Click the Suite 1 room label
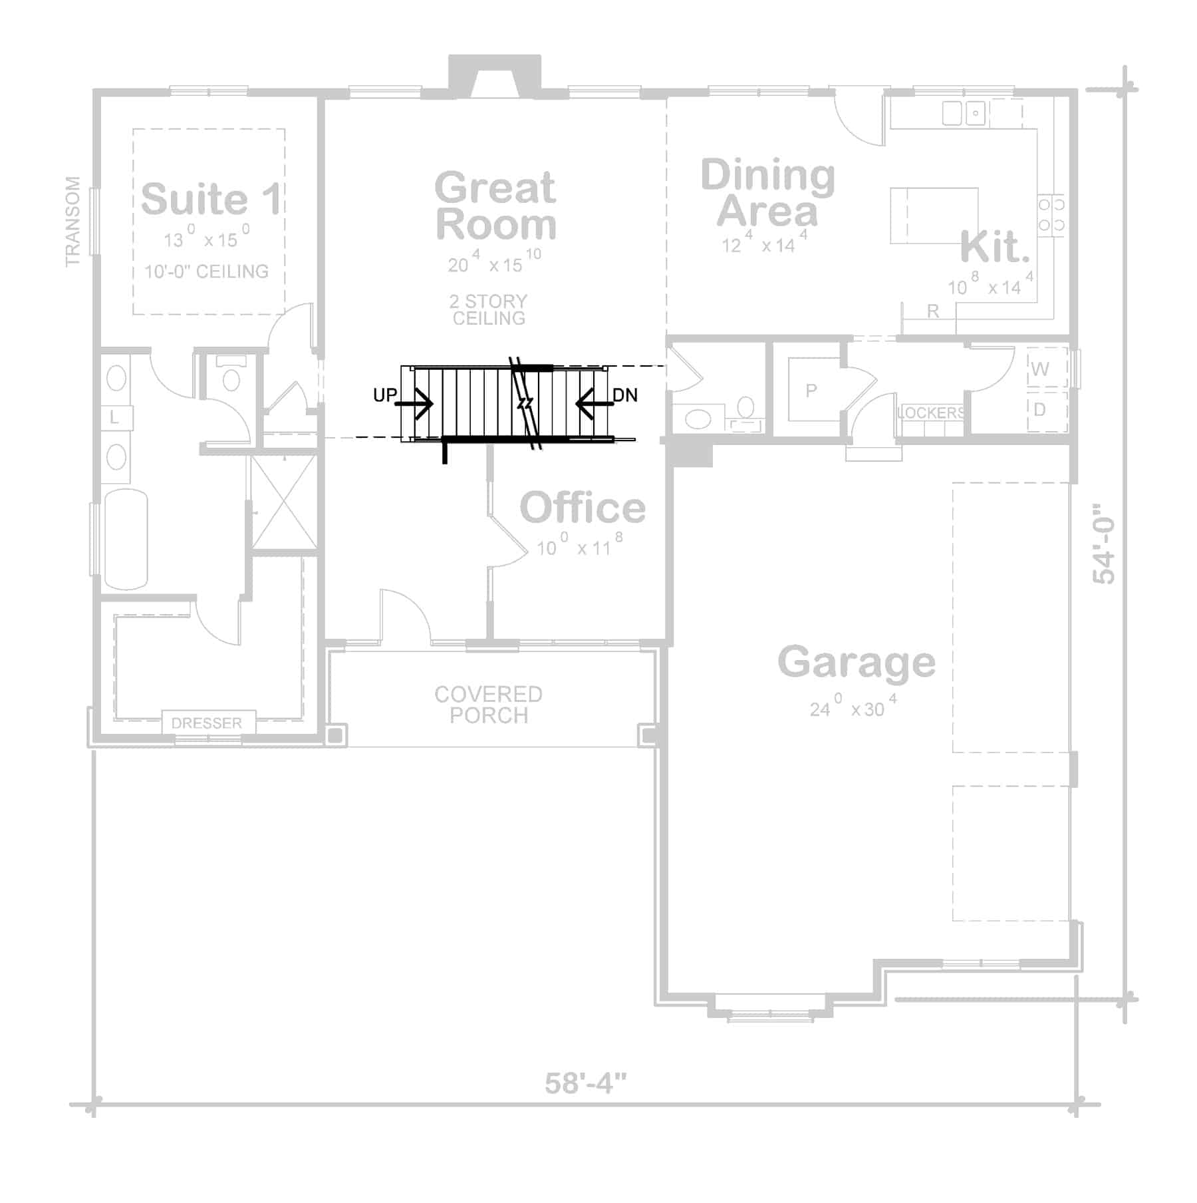pos(210,198)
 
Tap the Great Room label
pos(495,205)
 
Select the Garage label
pos(857,661)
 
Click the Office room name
pos(583,508)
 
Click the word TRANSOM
pos(72,221)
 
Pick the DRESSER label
pos(207,723)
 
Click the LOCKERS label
pos(930,413)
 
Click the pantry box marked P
pos(811,390)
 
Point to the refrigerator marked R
pos(932,311)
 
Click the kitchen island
pos(934,216)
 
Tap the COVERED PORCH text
pos(489,705)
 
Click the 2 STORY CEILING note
pos(489,309)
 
